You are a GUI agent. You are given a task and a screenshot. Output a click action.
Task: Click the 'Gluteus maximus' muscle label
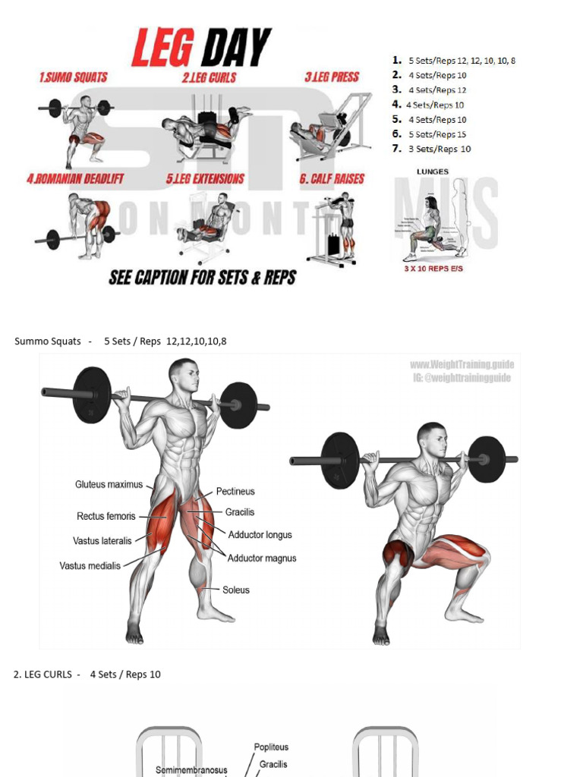pyautogui.click(x=109, y=484)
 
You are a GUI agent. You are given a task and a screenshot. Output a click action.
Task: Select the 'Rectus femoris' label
pyautogui.click(x=106, y=516)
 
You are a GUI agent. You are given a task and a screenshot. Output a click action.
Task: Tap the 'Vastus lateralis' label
pyautogui.click(x=102, y=541)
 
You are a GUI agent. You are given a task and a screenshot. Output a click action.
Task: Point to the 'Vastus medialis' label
pyautogui.click(x=90, y=565)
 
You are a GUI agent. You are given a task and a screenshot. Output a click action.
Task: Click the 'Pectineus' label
pyautogui.click(x=235, y=492)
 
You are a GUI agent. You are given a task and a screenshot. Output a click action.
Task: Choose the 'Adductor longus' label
pyautogui.click(x=260, y=535)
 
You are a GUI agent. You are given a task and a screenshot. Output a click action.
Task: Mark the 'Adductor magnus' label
pyautogui.click(x=262, y=558)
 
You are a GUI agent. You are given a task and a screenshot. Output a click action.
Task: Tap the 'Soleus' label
pyautogui.click(x=235, y=590)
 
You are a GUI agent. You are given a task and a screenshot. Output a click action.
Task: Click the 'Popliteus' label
pyautogui.click(x=271, y=747)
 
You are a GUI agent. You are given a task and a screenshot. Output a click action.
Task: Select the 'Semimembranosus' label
pyautogui.click(x=191, y=769)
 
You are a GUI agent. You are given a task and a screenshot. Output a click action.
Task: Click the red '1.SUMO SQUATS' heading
pyautogui.click(x=73, y=77)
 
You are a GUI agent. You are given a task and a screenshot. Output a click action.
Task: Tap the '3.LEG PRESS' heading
pyautogui.click(x=332, y=77)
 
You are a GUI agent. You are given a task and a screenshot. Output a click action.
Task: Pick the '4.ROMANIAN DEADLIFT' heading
pyautogui.click(x=74, y=179)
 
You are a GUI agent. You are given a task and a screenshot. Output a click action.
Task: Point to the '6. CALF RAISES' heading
pyautogui.click(x=331, y=179)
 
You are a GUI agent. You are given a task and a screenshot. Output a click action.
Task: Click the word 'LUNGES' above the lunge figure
pyautogui.click(x=432, y=171)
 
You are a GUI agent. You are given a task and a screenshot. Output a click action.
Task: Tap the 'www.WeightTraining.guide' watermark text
pyautogui.click(x=462, y=365)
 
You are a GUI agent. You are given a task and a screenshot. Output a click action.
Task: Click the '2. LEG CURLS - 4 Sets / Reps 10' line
pyautogui.click(x=87, y=674)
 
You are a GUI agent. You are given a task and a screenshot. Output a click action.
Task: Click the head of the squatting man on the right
pyautogui.click(x=432, y=439)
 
